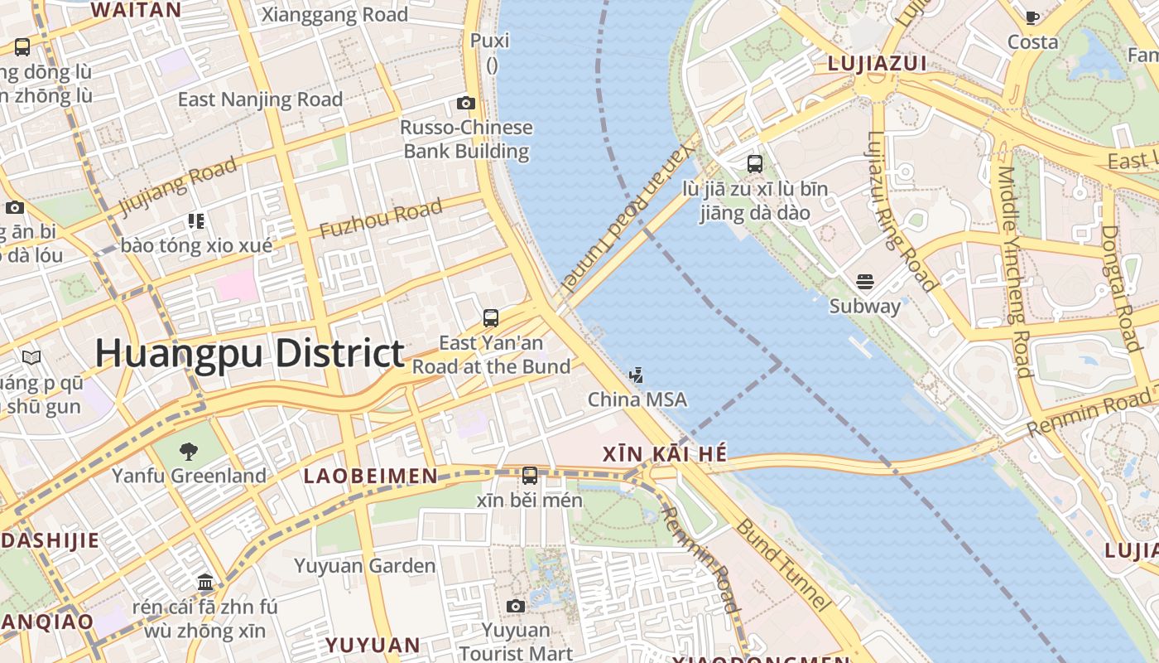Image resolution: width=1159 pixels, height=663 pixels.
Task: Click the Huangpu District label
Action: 249,353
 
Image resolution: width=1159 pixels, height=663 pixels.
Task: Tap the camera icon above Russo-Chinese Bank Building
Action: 466,103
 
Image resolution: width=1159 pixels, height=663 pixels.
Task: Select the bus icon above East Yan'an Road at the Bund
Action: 491,318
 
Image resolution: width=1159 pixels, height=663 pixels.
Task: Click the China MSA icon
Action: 636,375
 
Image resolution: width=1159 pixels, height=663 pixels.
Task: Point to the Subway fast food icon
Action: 865,282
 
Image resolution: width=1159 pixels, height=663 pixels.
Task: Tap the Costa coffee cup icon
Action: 1032,17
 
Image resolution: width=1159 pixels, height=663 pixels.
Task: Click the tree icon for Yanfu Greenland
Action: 189,452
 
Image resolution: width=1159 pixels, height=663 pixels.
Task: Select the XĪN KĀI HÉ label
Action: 665,454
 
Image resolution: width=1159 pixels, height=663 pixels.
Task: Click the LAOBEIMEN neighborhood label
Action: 370,476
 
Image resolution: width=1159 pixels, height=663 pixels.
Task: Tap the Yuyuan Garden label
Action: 364,566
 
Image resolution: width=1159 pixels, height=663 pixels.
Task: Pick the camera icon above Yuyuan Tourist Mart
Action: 516,607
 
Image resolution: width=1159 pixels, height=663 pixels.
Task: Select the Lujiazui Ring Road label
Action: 902,211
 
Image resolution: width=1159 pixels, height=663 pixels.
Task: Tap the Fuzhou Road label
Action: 380,220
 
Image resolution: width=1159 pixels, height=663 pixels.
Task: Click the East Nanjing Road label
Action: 260,99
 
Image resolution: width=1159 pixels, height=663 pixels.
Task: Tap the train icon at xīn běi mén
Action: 530,476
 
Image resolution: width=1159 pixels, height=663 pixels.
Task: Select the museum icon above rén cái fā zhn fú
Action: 205,583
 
